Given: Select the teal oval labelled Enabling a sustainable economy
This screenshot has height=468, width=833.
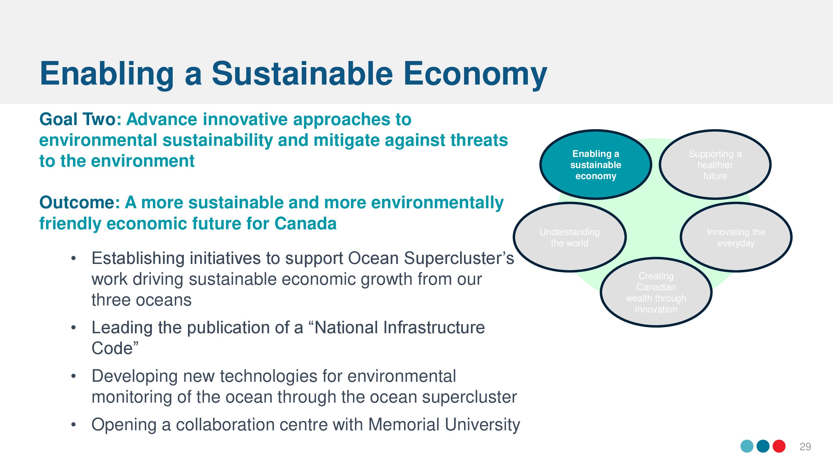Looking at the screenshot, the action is [x=596, y=165].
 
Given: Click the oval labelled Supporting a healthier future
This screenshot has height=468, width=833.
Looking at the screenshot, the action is [x=715, y=165].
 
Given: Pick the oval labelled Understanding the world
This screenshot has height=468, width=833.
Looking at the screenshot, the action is [x=570, y=237].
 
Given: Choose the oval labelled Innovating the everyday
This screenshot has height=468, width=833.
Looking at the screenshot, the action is [x=736, y=237].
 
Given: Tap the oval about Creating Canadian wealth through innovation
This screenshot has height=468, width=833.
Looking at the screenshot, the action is [x=656, y=292].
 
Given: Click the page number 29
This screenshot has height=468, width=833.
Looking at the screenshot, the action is [x=805, y=447].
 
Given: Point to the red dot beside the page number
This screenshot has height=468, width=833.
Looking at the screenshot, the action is [x=779, y=446].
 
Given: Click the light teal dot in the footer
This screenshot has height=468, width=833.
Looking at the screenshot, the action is [x=747, y=446].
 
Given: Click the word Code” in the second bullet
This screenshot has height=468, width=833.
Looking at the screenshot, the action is [x=115, y=348].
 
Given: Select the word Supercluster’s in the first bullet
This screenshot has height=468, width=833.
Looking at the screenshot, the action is [x=459, y=258].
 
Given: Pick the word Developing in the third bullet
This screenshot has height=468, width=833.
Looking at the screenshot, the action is [x=134, y=377].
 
